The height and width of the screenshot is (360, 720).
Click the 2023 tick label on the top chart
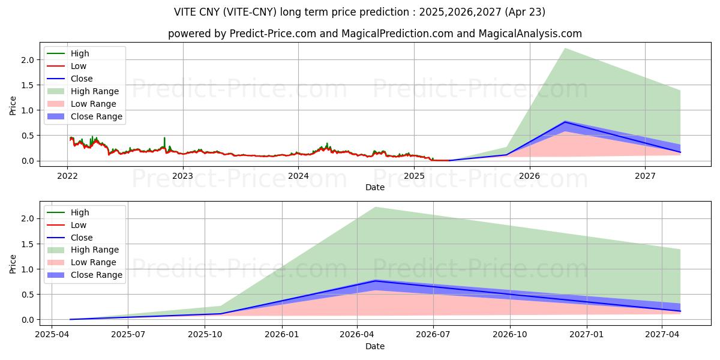(x=182, y=176)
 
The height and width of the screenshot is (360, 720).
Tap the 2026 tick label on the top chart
(x=529, y=176)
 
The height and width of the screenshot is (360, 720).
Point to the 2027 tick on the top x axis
(x=645, y=176)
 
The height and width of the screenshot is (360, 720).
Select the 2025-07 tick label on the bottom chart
(x=128, y=335)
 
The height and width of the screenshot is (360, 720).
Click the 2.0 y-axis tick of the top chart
(x=26, y=60)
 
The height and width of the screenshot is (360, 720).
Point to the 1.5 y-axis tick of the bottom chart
(x=26, y=244)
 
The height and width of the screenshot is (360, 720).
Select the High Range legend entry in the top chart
(x=94, y=91)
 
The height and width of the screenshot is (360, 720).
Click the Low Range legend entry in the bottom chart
(x=93, y=262)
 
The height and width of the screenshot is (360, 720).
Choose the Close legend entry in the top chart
(x=82, y=79)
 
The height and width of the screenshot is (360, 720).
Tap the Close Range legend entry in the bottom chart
(x=96, y=275)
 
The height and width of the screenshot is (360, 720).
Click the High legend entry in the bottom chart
(x=80, y=212)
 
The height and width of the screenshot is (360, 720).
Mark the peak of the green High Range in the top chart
(x=565, y=49)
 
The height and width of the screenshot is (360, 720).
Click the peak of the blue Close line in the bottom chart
(x=375, y=280)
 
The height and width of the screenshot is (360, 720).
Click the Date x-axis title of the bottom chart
(x=375, y=346)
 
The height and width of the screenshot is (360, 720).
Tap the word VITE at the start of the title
(x=186, y=12)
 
